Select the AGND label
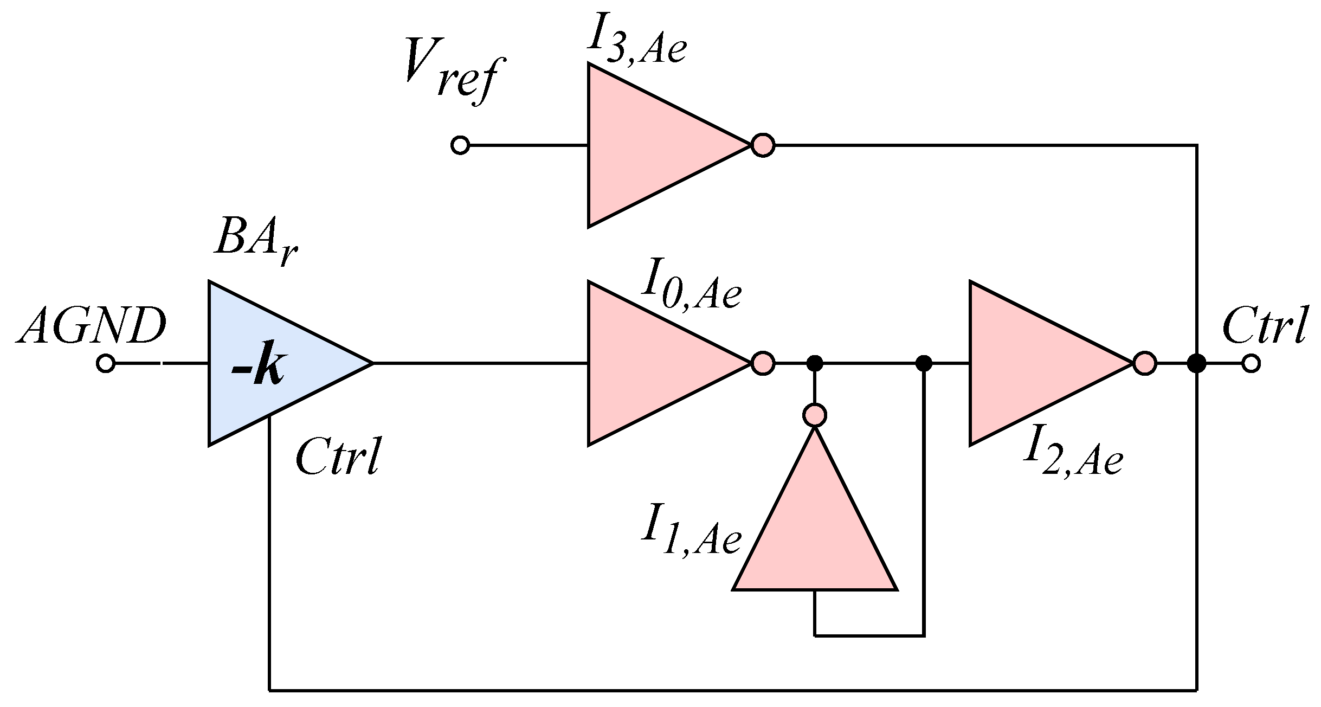(x=91, y=327)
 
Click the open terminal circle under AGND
(x=106, y=363)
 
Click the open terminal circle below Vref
(x=460, y=145)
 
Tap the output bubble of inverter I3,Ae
(x=763, y=145)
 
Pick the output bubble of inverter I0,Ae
(x=763, y=363)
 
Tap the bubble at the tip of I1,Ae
(x=814, y=415)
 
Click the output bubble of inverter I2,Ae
(x=1145, y=363)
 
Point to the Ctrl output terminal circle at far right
(x=1251, y=363)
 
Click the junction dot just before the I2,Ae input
(x=923, y=363)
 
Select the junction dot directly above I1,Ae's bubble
(x=814, y=363)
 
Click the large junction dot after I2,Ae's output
(x=1196, y=363)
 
